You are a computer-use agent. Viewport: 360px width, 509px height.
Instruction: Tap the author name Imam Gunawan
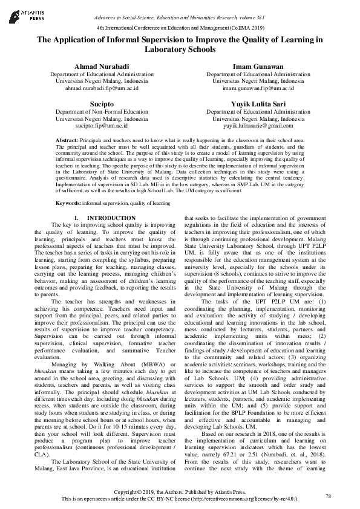[249, 65]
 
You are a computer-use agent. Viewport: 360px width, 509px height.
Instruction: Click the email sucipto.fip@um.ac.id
[93, 126]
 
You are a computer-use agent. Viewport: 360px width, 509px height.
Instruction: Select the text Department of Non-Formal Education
[93, 112]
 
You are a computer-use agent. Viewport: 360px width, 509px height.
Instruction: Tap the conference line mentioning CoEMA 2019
[180, 28]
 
